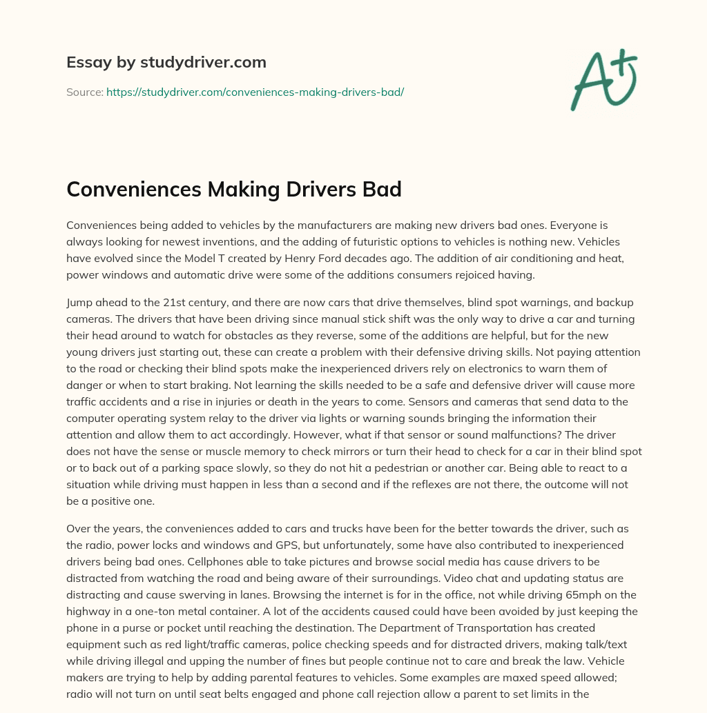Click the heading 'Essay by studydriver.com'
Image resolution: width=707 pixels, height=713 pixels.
(166, 63)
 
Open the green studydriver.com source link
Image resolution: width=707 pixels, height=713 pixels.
(255, 92)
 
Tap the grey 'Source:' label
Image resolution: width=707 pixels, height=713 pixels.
(84, 92)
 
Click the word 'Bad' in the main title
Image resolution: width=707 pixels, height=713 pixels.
(378, 189)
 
